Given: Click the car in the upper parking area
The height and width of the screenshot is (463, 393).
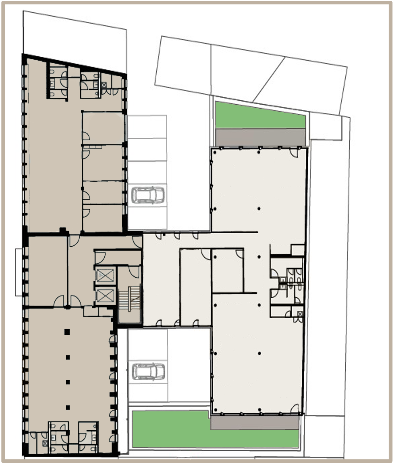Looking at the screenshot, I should [148, 195].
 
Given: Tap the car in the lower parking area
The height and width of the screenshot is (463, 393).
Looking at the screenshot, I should [148, 371].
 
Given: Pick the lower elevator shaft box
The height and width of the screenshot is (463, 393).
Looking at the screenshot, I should [105, 296].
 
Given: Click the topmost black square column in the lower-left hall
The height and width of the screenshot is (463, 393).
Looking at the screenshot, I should [67, 331].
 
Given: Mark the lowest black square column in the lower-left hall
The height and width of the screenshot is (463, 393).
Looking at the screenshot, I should [68, 407].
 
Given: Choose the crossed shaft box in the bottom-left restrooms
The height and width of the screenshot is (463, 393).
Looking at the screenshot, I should [45, 443].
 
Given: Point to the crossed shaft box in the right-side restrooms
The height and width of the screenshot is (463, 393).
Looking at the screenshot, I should [300, 314].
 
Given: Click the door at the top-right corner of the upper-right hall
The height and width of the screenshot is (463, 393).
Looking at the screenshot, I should [293, 153].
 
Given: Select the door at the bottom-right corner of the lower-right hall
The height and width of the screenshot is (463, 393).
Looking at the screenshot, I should [293, 408].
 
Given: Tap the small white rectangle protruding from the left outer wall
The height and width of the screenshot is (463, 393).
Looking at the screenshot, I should [19, 272].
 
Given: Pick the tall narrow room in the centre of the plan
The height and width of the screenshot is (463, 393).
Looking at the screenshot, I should [196, 287].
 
